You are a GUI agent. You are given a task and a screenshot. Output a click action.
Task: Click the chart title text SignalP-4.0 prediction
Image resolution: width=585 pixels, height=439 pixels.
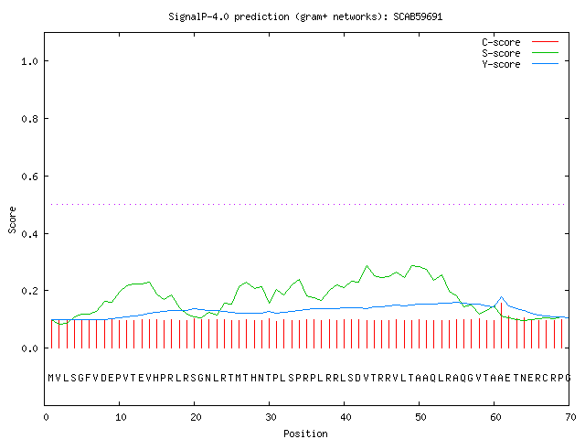(229, 16)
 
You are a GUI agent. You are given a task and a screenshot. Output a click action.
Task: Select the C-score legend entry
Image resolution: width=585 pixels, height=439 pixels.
(520, 42)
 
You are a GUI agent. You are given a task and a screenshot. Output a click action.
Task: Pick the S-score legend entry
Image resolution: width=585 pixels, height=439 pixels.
(520, 53)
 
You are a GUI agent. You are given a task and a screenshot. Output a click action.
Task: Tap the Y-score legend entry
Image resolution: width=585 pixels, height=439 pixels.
(520, 64)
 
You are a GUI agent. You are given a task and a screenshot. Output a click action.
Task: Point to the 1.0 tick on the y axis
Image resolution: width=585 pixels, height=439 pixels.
(30, 61)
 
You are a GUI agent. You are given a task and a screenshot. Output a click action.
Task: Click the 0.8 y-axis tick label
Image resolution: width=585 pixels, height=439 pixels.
(30, 119)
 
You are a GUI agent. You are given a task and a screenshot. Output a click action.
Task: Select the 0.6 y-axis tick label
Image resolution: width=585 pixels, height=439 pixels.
(30, 177)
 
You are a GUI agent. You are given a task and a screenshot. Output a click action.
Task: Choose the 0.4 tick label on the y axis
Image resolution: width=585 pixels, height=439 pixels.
(30, 234)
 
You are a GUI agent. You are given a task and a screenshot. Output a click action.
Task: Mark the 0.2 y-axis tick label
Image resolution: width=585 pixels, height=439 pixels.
(30, 291)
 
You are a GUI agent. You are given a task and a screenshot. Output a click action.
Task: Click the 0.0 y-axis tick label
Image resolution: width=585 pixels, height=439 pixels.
(30, 348)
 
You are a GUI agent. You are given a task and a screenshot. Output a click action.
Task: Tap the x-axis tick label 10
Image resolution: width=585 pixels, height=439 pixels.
(121, 417)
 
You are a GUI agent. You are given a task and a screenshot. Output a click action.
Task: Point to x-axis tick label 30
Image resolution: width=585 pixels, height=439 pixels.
(271, 417)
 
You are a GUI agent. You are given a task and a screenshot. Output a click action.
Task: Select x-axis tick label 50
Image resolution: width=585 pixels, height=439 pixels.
(420, 417)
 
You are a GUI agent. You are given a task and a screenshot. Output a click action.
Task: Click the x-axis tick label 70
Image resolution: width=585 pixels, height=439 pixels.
(570, 417)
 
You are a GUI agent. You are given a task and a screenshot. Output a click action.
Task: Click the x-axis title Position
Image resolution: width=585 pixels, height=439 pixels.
(305, 434)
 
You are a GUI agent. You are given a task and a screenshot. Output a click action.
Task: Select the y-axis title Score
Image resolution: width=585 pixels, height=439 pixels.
(12, 219)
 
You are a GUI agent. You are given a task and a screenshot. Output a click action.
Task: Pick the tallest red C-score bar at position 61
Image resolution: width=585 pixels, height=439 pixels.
(502, 326)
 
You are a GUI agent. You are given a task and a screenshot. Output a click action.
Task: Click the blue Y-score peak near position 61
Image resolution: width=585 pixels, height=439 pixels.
(502, 297)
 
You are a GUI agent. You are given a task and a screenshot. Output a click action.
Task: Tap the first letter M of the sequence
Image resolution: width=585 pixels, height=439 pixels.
(51, 378)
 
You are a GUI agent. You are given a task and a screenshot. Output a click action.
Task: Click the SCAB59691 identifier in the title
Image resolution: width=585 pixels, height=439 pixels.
(418, 16)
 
